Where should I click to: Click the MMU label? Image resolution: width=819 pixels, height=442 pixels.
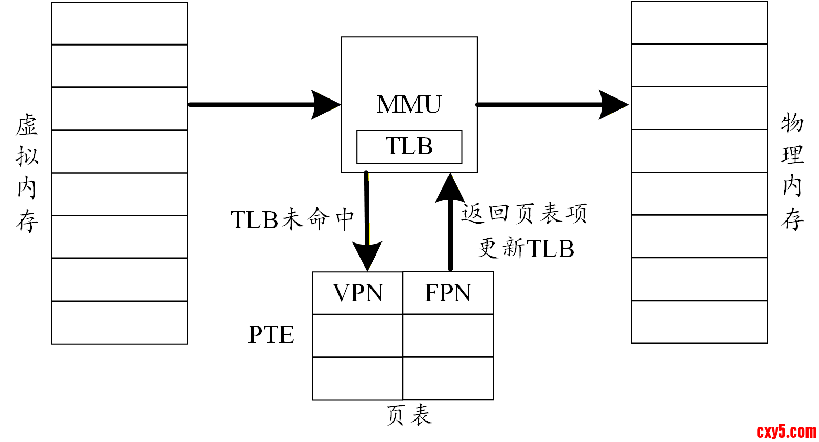pyautogui.click(x=409, y=104)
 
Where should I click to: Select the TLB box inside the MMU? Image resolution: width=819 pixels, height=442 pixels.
pyautogui.click(x=409, y=147)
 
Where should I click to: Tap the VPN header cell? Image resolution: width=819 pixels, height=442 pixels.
pyautogui.click(x=358, y=293)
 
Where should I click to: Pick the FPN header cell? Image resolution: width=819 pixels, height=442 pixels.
pyautogui.click(x=448, y=293)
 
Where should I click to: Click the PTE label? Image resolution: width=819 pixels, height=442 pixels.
pyautogui.click(x=271, y=335)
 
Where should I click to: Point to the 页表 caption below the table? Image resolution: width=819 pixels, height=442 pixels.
pyautogui.click(x=409, y=415)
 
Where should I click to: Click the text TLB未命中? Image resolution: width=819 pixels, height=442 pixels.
pyautogui.click(x=292, y=219)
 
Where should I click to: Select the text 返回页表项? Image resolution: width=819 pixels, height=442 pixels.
pyautogui.click(x=523, y=214)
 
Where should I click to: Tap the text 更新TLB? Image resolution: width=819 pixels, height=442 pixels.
pyautogui.click(x=526, y=248)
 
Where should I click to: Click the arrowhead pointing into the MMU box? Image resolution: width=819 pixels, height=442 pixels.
pyautogui.click(x=326, y=104)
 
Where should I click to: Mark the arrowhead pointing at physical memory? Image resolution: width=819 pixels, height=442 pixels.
pyautogui.click(x=613, y=104)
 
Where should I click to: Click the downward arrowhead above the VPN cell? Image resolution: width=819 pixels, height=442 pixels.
pyautogui.click(x=367, y=257)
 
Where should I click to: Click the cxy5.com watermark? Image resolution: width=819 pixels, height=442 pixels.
pyautogui.click(x=787, y=432)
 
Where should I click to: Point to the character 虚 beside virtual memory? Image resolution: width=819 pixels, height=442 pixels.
pyautogui.click(x=27, y=126)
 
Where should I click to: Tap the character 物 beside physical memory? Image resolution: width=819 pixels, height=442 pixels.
pyautogui.click(x=792, y=124)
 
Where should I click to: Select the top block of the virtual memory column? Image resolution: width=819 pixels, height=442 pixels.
pyautogui.click(x=119, y=24)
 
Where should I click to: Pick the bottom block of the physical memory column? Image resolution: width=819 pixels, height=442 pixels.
pyautogui.click(x=699, y=322)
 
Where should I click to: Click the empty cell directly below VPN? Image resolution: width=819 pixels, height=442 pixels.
pyautogui.click(x=358, y=336)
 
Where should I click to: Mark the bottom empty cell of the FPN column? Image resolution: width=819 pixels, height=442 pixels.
pyautogui.click(x=448, y=378)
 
